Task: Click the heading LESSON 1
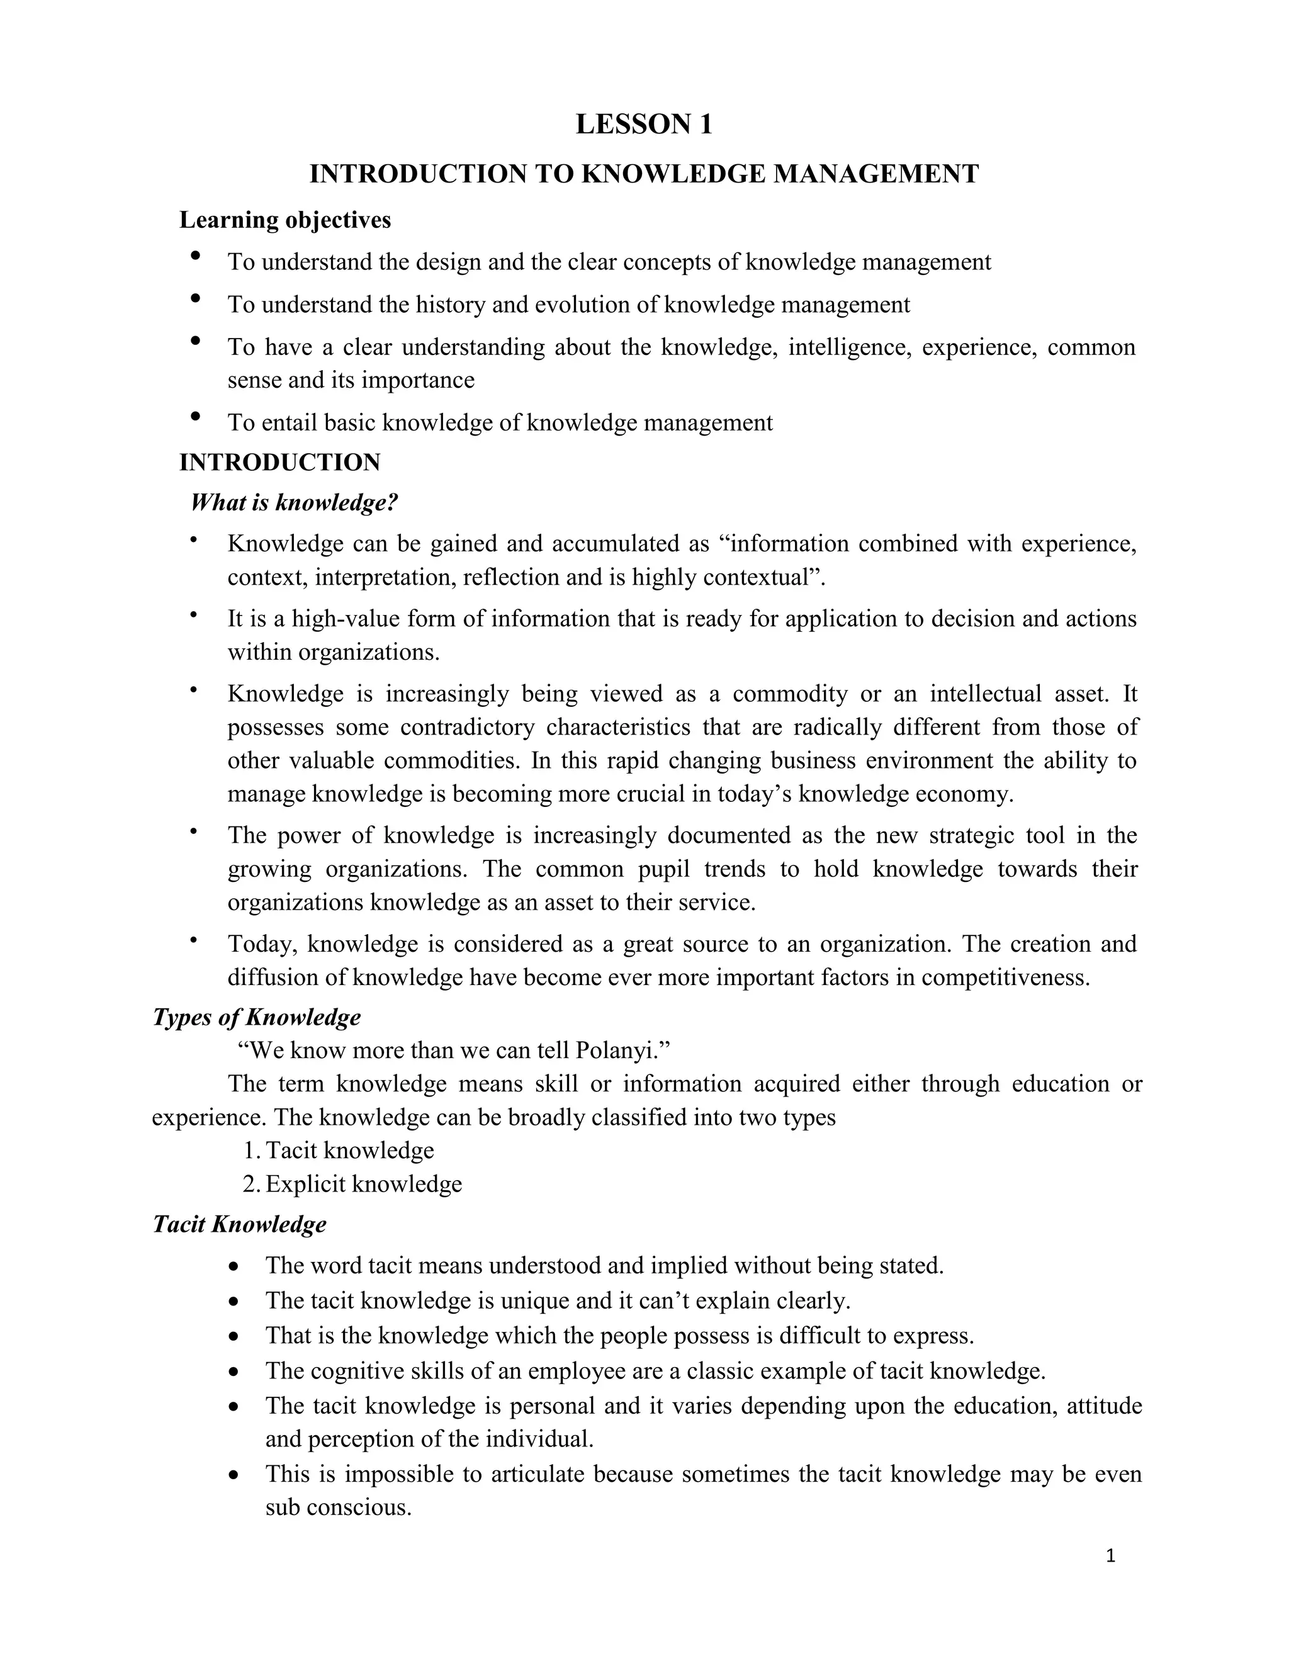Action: pyautogui.click(x=643, y=125)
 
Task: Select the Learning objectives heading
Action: pyautogui.click(x=285, y=220)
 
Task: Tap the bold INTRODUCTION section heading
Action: pyautogui.click(x=279, y=462)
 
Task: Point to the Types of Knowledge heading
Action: pyautogui.click(x=257, y=1017)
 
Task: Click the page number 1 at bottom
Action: pyautogui.click(x=1110, y=1556)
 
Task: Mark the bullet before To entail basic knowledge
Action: pyautogui.click(x=196, y=416)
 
